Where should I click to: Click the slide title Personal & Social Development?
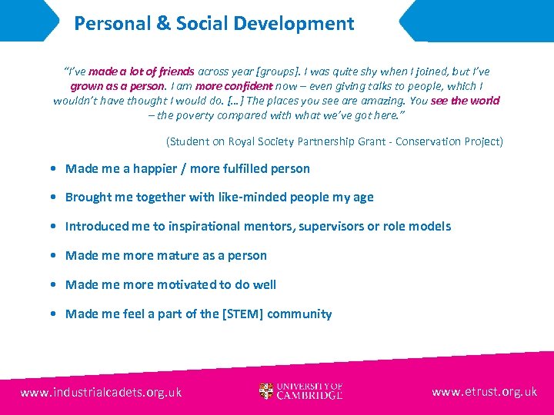click(214, 23)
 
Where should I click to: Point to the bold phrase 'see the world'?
click(465, 101)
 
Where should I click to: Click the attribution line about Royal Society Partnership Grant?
click(335, 141)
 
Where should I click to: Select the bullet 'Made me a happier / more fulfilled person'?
click(187, 168)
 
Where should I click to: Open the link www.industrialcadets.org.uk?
click(101, 392)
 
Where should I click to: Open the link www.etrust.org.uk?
click(484, 392)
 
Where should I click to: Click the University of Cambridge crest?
click(266, 391)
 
